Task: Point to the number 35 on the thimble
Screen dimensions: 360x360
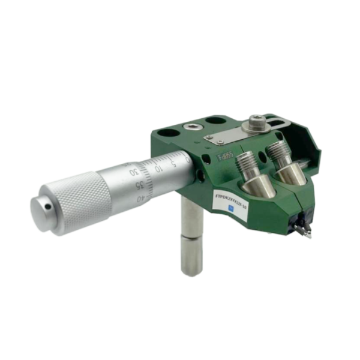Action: pyautogui.click(x=139, y=184)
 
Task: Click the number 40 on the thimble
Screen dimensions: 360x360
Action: pyautogui.click(x=142, y=198)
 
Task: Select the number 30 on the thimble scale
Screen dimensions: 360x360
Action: pyautogui.click(x=133, y=172)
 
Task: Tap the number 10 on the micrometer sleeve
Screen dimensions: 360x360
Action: pyautogui.click(x=158, y=169)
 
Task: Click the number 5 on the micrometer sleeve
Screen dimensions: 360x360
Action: pyautogui.click(x=173, y=163)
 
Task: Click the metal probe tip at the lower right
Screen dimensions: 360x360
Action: pyautogui.click(x=306, y=232)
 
